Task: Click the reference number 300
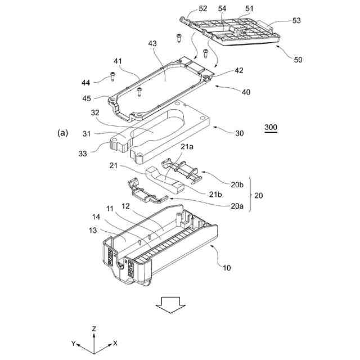(x=271, y=128)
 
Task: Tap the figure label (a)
(x=62, y=133)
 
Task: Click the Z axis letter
(x=94, y=328)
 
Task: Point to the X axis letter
(x=115, y=343)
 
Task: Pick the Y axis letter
(x=73, y=343)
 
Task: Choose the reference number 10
(x=226, y=268)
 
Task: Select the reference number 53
(x=296, y=21)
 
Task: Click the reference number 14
(x=97, y=217)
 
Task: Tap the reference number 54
(x=222, y=8)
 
